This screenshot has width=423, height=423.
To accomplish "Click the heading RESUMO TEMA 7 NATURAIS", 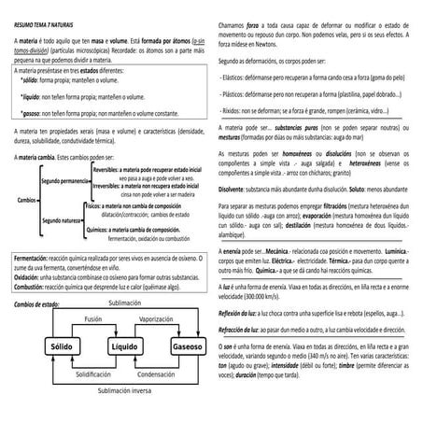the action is (48, 18).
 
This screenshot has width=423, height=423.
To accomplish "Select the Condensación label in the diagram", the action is (158, 373).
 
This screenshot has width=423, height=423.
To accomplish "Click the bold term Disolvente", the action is (237, 188).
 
